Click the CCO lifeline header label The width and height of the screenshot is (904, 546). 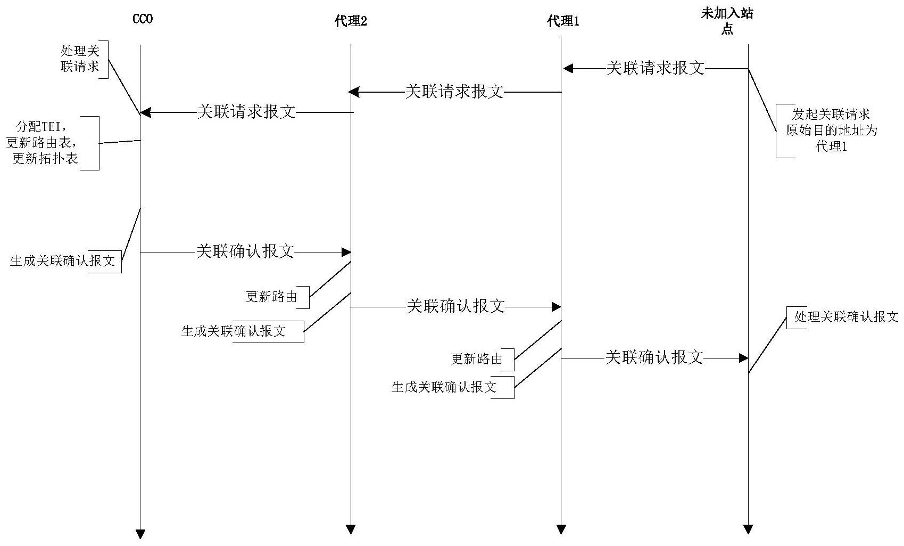point(142,19)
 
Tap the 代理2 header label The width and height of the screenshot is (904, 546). point(351,21)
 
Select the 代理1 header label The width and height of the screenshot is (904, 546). point(563,21)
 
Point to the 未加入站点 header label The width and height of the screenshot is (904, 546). point(727,21)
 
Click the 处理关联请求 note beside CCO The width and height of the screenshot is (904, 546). point(80,59)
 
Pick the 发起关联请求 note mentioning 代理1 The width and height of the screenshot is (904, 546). point(831,131)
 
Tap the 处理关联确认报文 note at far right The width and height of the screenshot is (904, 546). point(845,317)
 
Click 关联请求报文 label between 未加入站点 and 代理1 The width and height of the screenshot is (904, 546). point(656,68)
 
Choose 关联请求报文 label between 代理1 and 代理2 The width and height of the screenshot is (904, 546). point(454,92)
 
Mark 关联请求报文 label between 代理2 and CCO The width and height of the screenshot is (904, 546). point(246,112)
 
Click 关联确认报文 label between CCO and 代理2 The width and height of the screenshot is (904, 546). point(245,251)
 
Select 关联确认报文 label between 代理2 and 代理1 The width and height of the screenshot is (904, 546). point(455,306)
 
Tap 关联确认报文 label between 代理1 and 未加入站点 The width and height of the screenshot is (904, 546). point(654,357)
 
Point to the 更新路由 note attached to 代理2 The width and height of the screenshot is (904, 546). point(271,297)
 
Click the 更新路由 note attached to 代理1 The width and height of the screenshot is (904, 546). point(477,359)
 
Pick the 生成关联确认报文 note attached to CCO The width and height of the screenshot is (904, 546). point(63,261)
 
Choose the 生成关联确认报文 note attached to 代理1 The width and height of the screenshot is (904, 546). point(444,387)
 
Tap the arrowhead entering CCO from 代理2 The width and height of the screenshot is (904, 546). point(145,112)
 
